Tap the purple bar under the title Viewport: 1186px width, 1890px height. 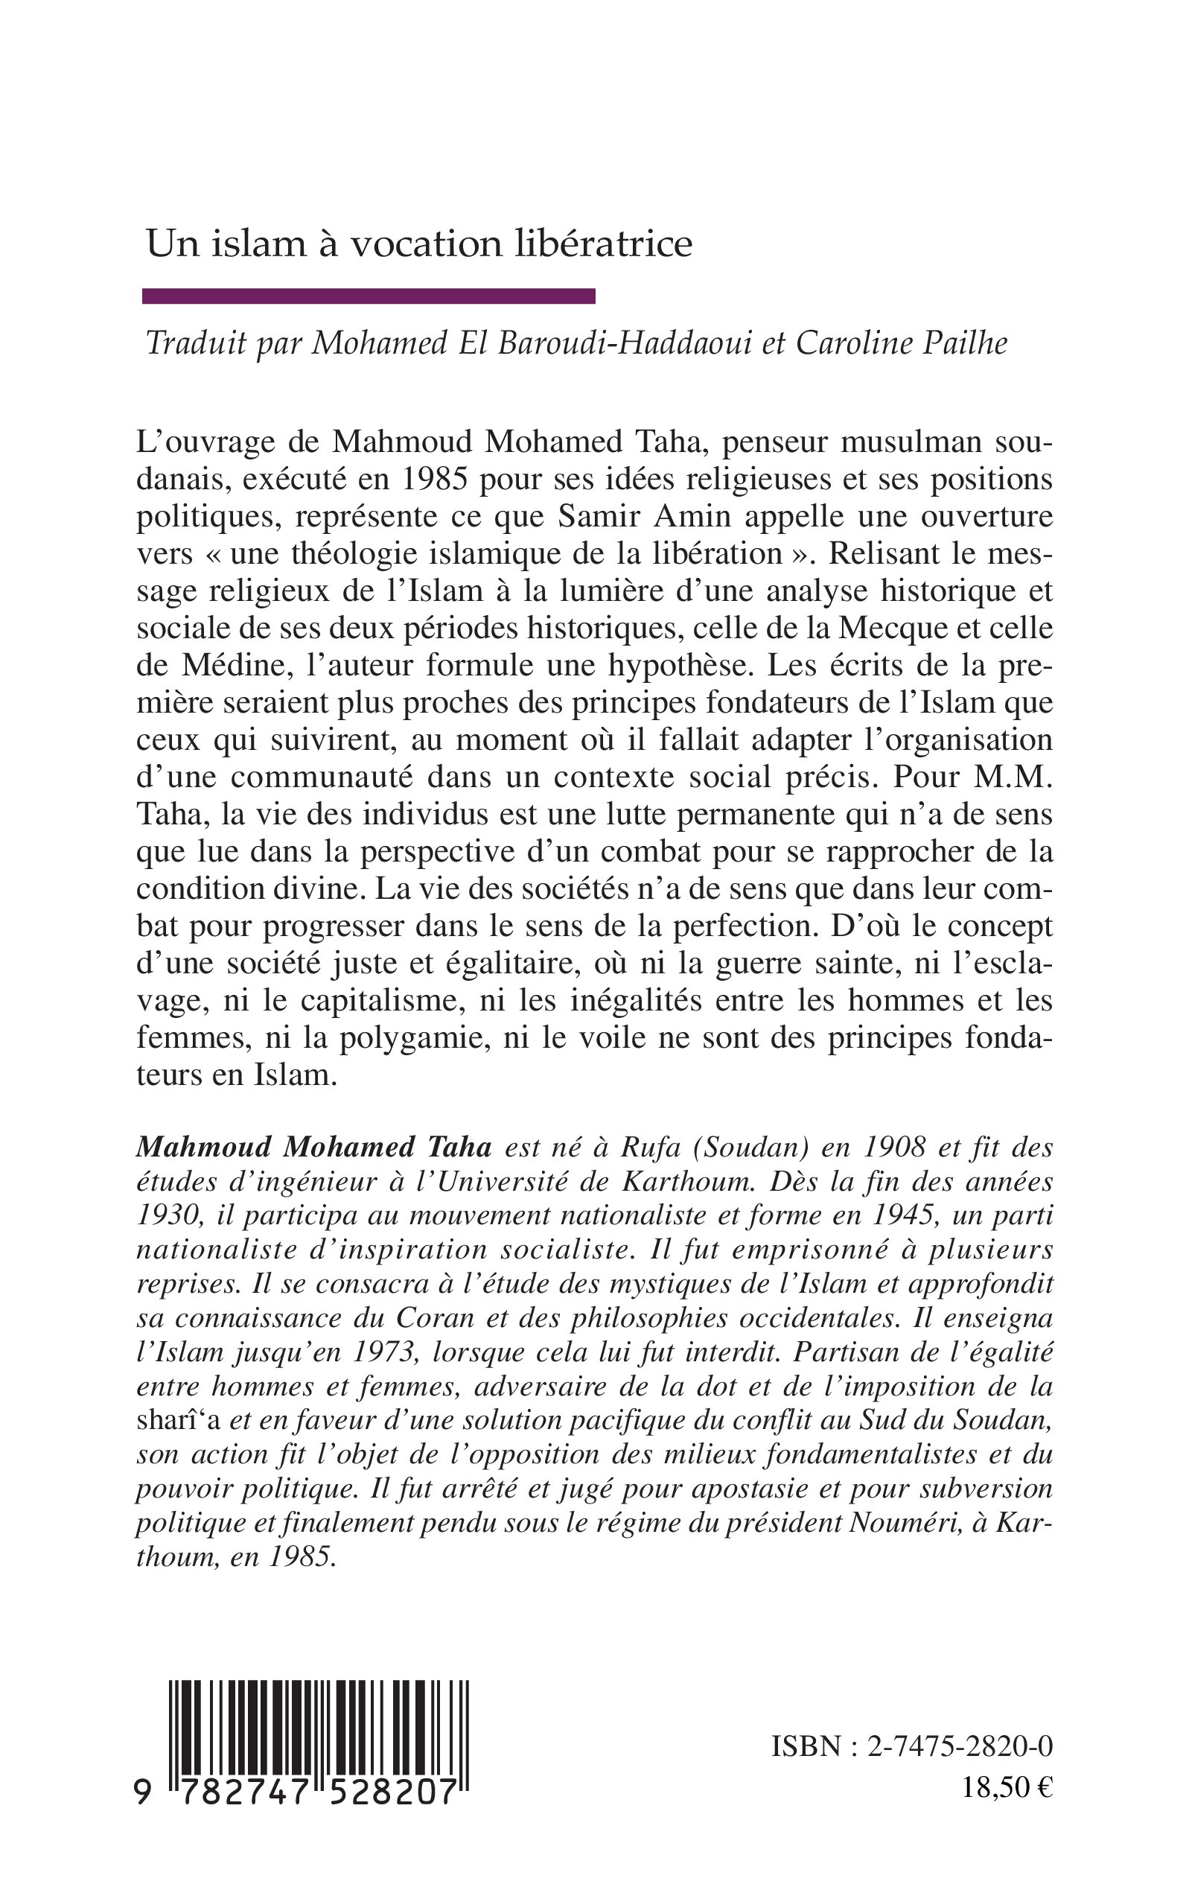369,296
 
